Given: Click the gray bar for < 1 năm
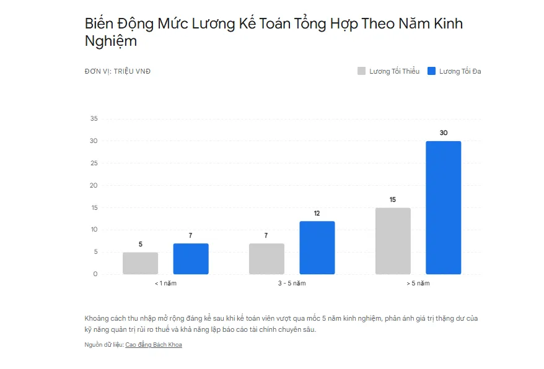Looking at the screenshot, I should tap(140, 263).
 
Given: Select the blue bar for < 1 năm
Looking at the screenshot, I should tap(191, 259).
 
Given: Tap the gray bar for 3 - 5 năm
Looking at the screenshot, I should tap(266, 259).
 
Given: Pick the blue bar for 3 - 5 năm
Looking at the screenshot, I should tap(317, 248).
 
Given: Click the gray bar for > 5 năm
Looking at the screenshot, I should tap(393, 241).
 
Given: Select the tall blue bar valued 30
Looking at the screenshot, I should tap(444, 207).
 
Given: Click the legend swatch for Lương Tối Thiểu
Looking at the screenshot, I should tap(361, 71).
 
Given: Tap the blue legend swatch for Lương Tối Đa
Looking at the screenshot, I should tap(431, 71).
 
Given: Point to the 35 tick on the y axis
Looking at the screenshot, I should tap(94, 119).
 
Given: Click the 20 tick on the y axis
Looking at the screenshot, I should tap(94, 185).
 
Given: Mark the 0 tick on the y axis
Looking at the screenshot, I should tap(95, 274).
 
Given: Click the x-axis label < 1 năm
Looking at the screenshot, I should tap(165, 284).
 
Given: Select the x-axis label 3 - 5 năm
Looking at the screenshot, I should tap(292, 284).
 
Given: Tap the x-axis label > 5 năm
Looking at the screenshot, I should tap(418, 284).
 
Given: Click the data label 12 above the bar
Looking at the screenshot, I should tap(317, 214).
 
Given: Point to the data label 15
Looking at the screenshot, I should tap(393, 200).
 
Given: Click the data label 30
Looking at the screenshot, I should tap(444, 133).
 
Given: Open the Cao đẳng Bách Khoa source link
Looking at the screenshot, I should tap(154, 345).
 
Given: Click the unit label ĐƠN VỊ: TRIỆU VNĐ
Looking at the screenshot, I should tap(118, 71).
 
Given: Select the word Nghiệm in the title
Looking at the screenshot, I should tap(111, 41).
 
